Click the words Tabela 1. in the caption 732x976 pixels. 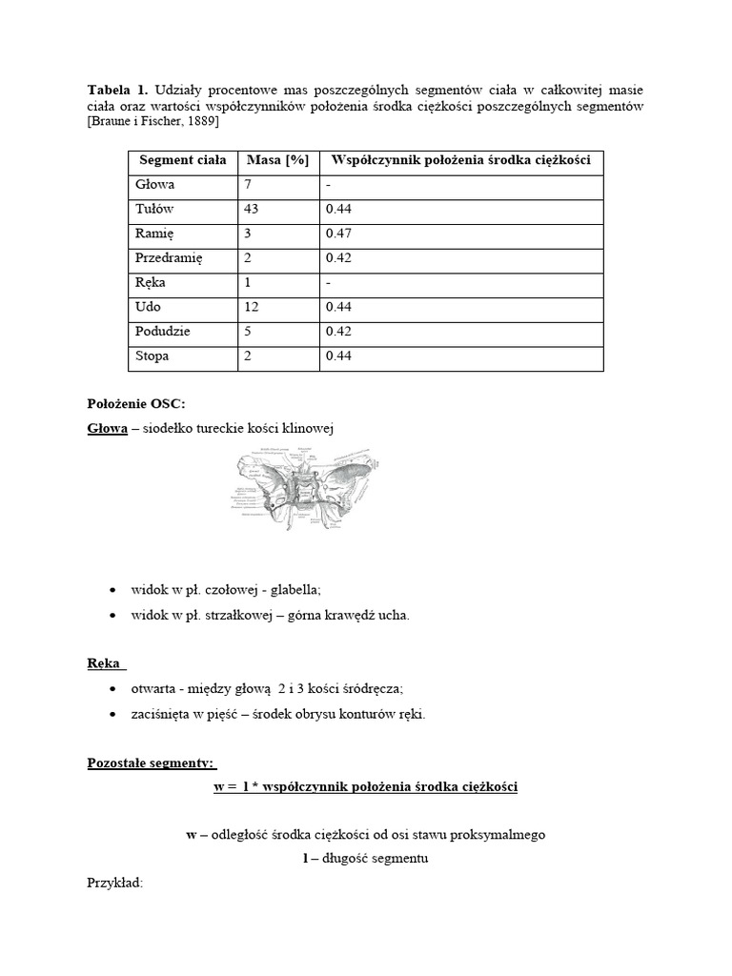[116, 89]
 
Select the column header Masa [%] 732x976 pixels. [277, 160]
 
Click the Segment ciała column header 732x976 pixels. [182, 160]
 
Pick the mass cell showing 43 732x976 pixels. [252, 210]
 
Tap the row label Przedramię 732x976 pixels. [170, 258]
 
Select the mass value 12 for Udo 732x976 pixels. [252, 307]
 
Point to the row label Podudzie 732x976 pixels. [163, 332]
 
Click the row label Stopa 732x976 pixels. [152, 356]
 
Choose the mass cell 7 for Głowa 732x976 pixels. [247, 185]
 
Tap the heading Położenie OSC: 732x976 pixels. [130, 404]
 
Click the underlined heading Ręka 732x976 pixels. [105, 663]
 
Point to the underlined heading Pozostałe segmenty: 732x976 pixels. [152, 763]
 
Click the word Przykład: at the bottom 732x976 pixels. [114, 883]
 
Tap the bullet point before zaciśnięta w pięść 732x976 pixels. [114, 713]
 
